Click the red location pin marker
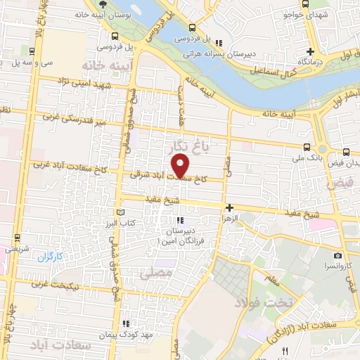click(x=181, y=166)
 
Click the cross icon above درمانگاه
click(x=310, y=51)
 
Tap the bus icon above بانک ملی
click(x=307, y=147)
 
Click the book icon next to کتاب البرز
click(x=120, y=212)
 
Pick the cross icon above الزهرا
click(x=229, y=207)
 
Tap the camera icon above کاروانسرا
click(x=337, y=255)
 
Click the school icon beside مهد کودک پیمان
click(x=126, y=324)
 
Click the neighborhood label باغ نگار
click(x=190, y=147)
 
